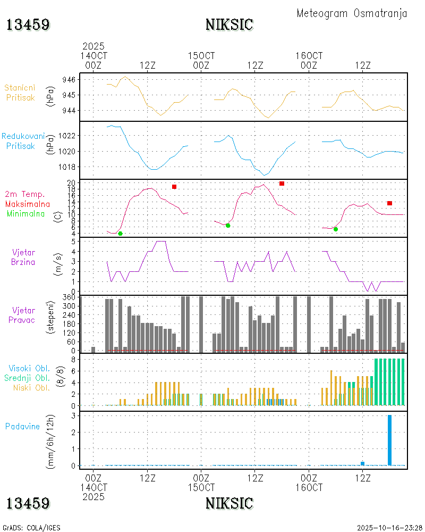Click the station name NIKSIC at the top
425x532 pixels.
(x=229, y=24)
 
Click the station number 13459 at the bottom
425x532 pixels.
(x=28, y=503)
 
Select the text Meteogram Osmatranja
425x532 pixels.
(x=352, y=13)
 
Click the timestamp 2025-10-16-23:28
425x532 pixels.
(x=389, y=528)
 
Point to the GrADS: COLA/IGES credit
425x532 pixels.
(x=31, y=528)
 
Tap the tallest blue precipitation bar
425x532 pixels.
(x=389, y=440)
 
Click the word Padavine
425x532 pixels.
(x=23, y=426)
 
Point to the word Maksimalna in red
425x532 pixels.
(x=28, y=204)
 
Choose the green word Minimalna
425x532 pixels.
(x=26, y=213)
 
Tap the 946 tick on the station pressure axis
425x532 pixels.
(x=70, y=79)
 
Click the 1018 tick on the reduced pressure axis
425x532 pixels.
(x=67, y=167)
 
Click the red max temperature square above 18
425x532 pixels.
(x=174, y=187)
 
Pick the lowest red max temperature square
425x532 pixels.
(x=389, y=203)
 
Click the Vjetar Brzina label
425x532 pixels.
(x=23, y=256)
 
